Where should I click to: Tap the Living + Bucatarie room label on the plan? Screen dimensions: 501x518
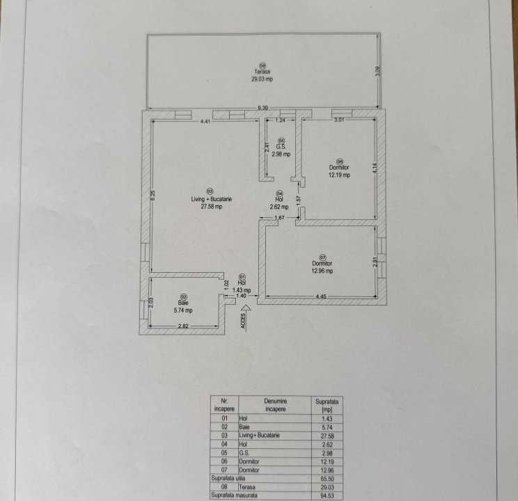(x=212, y=202)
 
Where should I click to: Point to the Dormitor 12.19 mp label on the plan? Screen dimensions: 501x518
(x=339, y=171)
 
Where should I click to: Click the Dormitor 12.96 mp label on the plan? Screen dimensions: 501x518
(x=322, y=267)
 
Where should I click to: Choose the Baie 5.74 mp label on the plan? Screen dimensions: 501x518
(x=183, y=307)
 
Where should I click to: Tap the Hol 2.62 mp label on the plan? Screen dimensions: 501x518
(x=279, y=203)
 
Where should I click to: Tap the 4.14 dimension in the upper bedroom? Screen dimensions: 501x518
(x=375, y=168)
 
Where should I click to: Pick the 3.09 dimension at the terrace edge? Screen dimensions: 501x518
(x=378, y=70)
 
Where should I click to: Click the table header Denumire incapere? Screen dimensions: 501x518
(x=276, y=405)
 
